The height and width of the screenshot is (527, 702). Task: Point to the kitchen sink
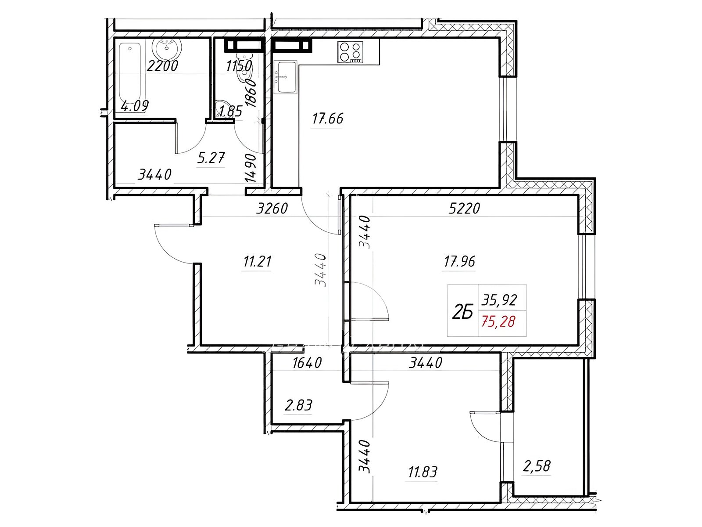coord(287,77)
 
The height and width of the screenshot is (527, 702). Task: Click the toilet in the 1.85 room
coord(245,72)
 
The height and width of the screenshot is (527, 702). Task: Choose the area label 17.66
coord(327,119)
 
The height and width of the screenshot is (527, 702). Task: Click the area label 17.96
coord(459,261)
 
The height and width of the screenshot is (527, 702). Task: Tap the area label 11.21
coord(257,261)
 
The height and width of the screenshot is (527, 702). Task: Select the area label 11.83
coord(423,472)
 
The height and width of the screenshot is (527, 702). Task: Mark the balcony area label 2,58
coord(537,466)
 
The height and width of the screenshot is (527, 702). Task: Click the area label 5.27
coord(211,158)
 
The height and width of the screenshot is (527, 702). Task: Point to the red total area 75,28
coord(498,321)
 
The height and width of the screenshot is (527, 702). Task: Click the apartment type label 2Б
coord(462,312)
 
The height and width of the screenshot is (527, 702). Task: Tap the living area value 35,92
coord(499,300)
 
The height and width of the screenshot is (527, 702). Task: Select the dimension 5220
coord(464,209)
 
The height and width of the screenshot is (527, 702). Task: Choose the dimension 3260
coord(272,209)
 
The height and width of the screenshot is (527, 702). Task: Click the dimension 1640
coord(307,363)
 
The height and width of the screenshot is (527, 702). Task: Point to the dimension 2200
coord(162,66)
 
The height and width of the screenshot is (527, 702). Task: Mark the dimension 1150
coord(239,66)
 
